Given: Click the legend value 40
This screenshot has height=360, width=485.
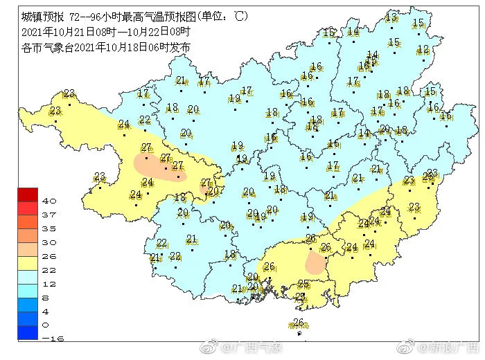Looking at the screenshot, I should (x=49, y=201).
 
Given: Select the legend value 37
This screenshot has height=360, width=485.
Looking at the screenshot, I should (x=49, y=215).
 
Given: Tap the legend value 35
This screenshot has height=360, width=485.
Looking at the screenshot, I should (x=49, y=228).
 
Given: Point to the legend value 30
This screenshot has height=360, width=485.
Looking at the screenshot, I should (x=49, y=242).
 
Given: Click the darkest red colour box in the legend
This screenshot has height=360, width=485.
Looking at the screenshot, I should (x=28, y=195).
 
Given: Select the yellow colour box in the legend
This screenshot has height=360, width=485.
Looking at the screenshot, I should (x=28, y=262).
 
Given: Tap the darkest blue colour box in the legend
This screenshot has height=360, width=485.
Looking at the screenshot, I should (x=28, y=332).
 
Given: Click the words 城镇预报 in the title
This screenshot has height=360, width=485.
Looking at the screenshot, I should (x=39, y=16).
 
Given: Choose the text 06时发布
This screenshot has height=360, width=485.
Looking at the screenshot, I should (x=170, y=48).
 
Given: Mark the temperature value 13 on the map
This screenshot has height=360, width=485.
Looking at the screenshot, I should (x=391, y=17).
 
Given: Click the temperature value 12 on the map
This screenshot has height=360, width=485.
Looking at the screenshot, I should (x=423, y=49).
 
